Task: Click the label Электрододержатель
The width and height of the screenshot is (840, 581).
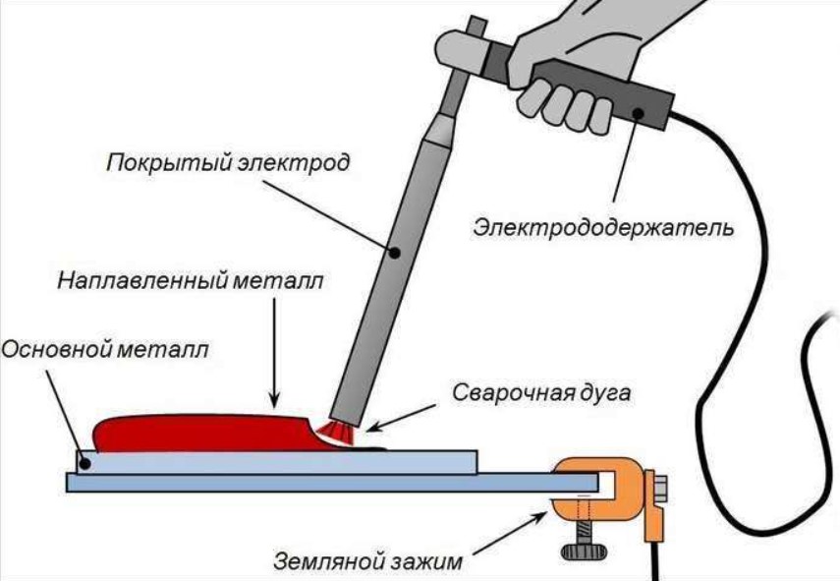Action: (603, 228)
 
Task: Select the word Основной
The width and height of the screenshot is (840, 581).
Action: (56, 349)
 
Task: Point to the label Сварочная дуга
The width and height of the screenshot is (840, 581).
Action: (541, 393)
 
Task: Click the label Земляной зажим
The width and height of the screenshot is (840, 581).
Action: (367, 562)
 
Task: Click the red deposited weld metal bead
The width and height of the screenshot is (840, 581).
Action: (209, 434)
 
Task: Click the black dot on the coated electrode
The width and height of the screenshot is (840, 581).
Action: (394, 253)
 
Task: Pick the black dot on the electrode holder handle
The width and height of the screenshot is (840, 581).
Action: (638, 113)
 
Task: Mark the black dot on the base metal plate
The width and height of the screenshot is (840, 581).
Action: (86, 461)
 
